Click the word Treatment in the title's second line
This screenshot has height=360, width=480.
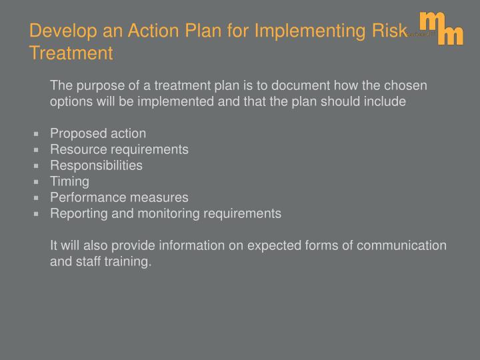(x=71, y=53)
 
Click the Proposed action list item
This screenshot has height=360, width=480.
(x=98, y=133)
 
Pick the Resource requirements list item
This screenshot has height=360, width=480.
(x=119, y=149)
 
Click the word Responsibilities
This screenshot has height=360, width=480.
(x=96, y=165)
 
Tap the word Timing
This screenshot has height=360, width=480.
(x=69, y=181)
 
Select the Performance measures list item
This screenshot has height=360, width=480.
(x=119, y=197)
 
